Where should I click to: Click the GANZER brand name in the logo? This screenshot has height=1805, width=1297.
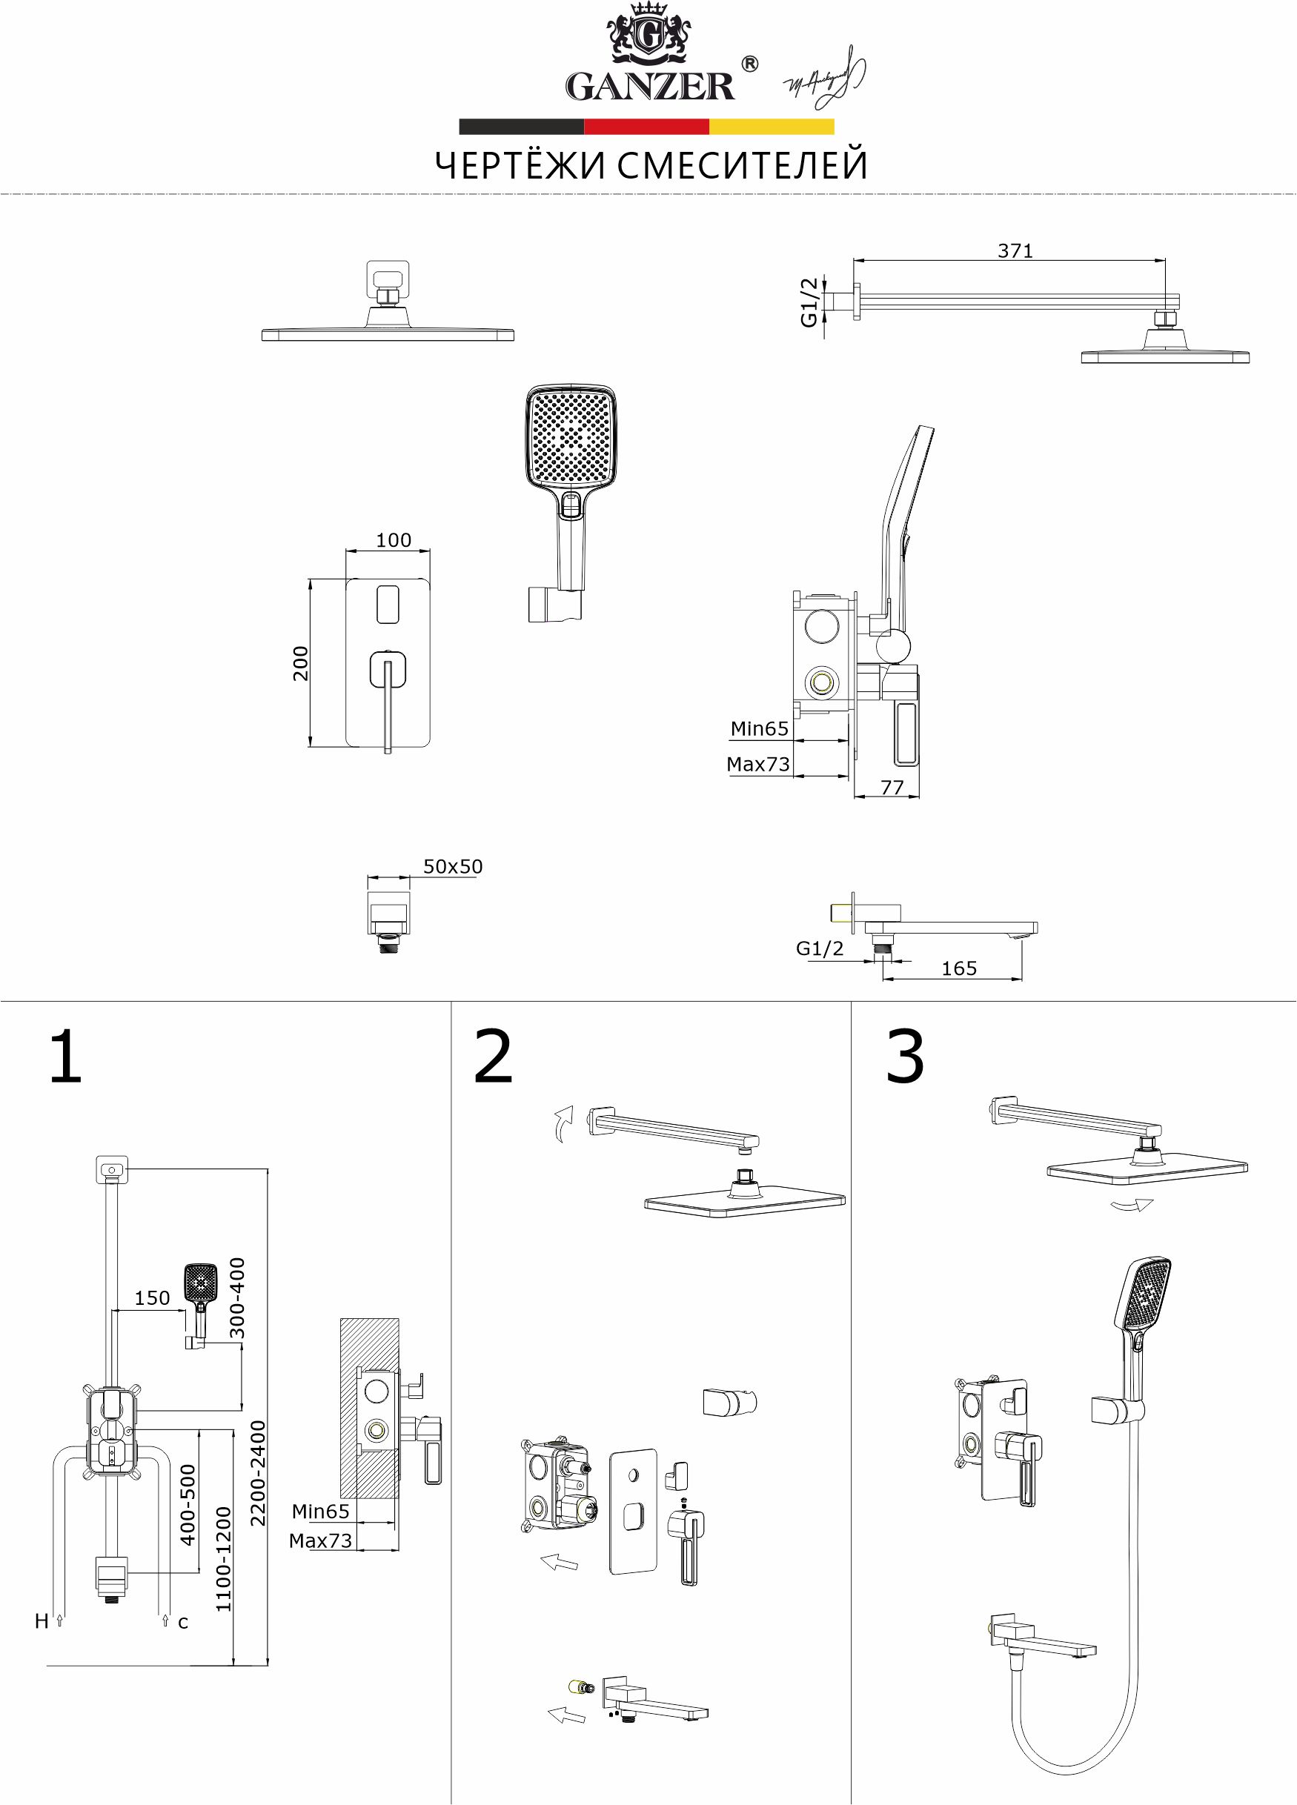tap(650, 86)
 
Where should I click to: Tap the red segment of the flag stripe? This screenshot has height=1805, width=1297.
tap(646, 127)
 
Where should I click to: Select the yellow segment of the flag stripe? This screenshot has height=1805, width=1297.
tap(771, 127)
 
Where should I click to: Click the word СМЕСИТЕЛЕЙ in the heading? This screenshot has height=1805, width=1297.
tap(741, 166)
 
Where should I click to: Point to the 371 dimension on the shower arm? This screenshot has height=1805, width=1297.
tap(1015, 250)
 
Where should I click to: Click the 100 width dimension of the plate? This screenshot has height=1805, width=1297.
tap(394, 540)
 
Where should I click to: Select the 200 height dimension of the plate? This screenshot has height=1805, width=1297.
tap(300, 662)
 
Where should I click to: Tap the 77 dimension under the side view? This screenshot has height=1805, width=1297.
tap(892, 787)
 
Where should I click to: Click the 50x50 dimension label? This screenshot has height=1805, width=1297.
tap(452, 867)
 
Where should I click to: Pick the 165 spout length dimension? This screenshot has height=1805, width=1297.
tap(958, 968)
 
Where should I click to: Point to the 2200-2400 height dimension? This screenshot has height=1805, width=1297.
tap(258, 1473)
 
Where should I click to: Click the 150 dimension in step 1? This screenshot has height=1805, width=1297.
tap(152, 1298)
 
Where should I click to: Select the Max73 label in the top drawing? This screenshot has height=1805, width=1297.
tap(757, 765)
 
